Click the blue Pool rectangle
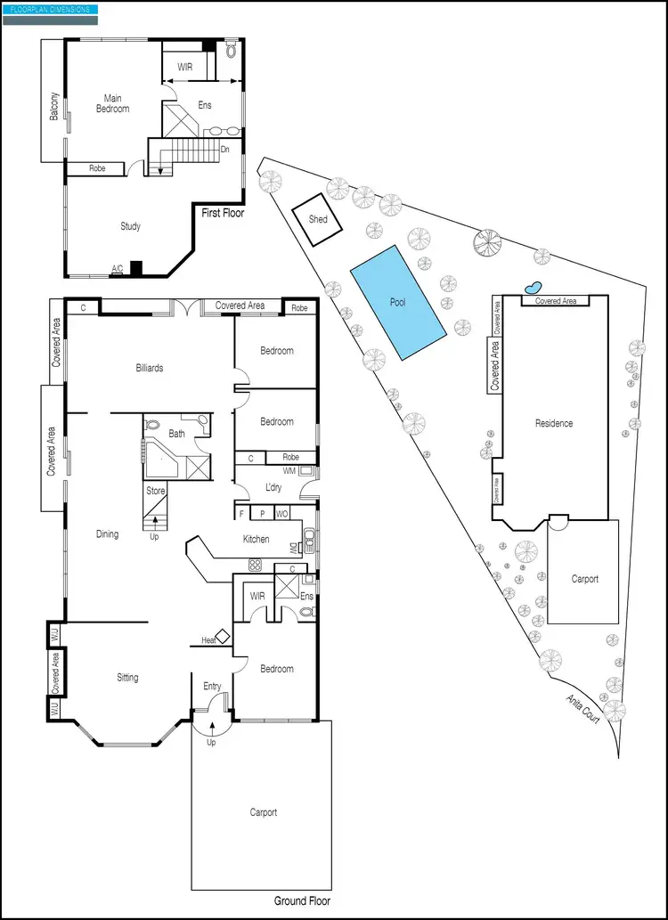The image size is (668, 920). point(397,302)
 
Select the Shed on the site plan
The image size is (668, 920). point(318,219)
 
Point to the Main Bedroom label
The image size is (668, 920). point(113,103)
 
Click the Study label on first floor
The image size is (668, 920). point(130,226)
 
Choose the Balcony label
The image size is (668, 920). point(54,107)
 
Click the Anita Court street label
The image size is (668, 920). point(582,709)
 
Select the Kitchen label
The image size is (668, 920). point(257,540)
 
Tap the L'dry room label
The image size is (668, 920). point(273,487)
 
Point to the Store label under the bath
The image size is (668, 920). point(156,491)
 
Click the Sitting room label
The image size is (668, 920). point(127,678)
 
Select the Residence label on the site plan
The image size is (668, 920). point(554,423)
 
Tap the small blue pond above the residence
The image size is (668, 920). point(533,288)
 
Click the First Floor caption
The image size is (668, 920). point(222,214)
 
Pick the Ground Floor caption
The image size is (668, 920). point(302,901)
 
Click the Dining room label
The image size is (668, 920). point(107,534)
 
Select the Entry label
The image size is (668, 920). point(212,686)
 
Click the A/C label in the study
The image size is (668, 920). point(117,268)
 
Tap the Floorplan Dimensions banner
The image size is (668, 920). point(50,9)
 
